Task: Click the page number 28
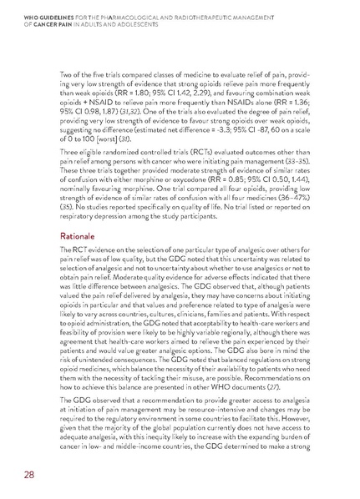click(x=28, y=475)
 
